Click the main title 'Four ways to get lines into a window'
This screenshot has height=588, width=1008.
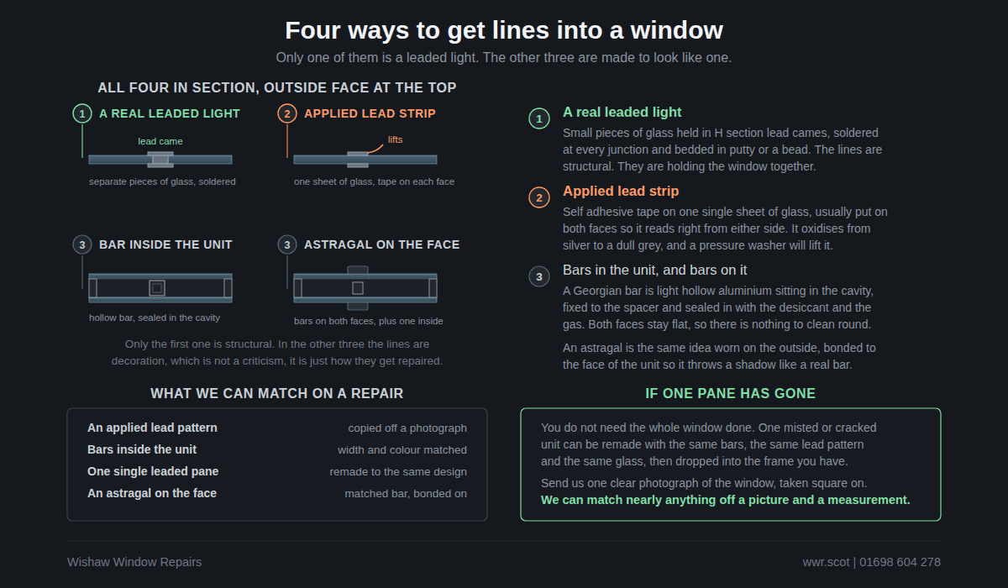pyautogui.click(x=504, y=30)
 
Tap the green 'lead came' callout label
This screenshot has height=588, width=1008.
pyautogui.click(x=160, y=141)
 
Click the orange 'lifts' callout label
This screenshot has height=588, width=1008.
pyautogui.click(x=395, y=139)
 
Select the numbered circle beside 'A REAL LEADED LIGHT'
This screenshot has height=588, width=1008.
pyautogui.click(x=82, y=114)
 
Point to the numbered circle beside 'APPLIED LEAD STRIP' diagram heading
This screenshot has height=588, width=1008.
pyautogui.click(x=287, y=114)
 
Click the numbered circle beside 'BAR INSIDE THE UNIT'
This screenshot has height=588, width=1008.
pyautogui.click(x=82, y=244)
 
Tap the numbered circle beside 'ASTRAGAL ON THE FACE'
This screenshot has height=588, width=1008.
pyautogui.click(x=287, y=244)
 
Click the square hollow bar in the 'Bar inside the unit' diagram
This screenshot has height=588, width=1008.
pyautogui.click(x=157, y=288)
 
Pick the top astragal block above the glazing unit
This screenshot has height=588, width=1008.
pyautogui.click(x=358, y=270)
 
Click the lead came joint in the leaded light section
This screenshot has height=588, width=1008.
pyautogui.click(x=160, y=160)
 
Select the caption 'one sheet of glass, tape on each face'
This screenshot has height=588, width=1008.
pyautogui.click(x=374, y=181)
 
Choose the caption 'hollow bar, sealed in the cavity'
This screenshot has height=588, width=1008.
pyautogui.click(x=155, y=318)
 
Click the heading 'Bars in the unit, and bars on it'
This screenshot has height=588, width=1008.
pyautogui.click(x=654, y=270)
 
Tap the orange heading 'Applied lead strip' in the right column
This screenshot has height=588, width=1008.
pyautogui.click(x=621, y=192)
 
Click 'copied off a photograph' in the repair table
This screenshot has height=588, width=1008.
pyautogui.click(x=407, y=428)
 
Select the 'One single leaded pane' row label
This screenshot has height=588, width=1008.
pyautogui.click(x=153, y=471)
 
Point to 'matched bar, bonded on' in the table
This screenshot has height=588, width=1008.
pyautogui.click(x=406, y=494)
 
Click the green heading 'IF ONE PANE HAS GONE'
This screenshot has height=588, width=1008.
pyautogui.click(x=730, y=394)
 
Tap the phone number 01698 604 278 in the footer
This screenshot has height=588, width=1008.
pyautogui.click(x=900, y=562)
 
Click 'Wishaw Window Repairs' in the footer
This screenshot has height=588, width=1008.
pyautogui.click(x=134, y=562)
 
